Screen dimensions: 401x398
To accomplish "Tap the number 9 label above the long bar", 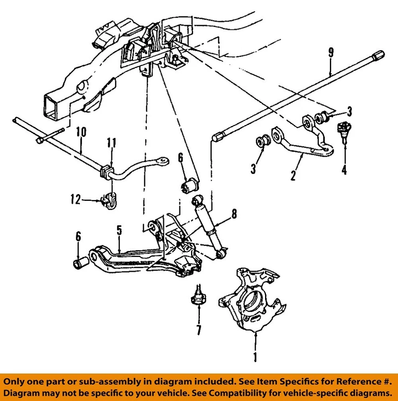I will pyautogui.click(x=331, y=53).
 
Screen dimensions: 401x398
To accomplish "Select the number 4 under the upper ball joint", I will pyautogui.click(x=344, y=171).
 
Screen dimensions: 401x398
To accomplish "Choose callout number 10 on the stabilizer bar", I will pyautogui.click(x=81, y=132).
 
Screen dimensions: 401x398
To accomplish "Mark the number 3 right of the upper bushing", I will pyautogui.click(x=349, y=112).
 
